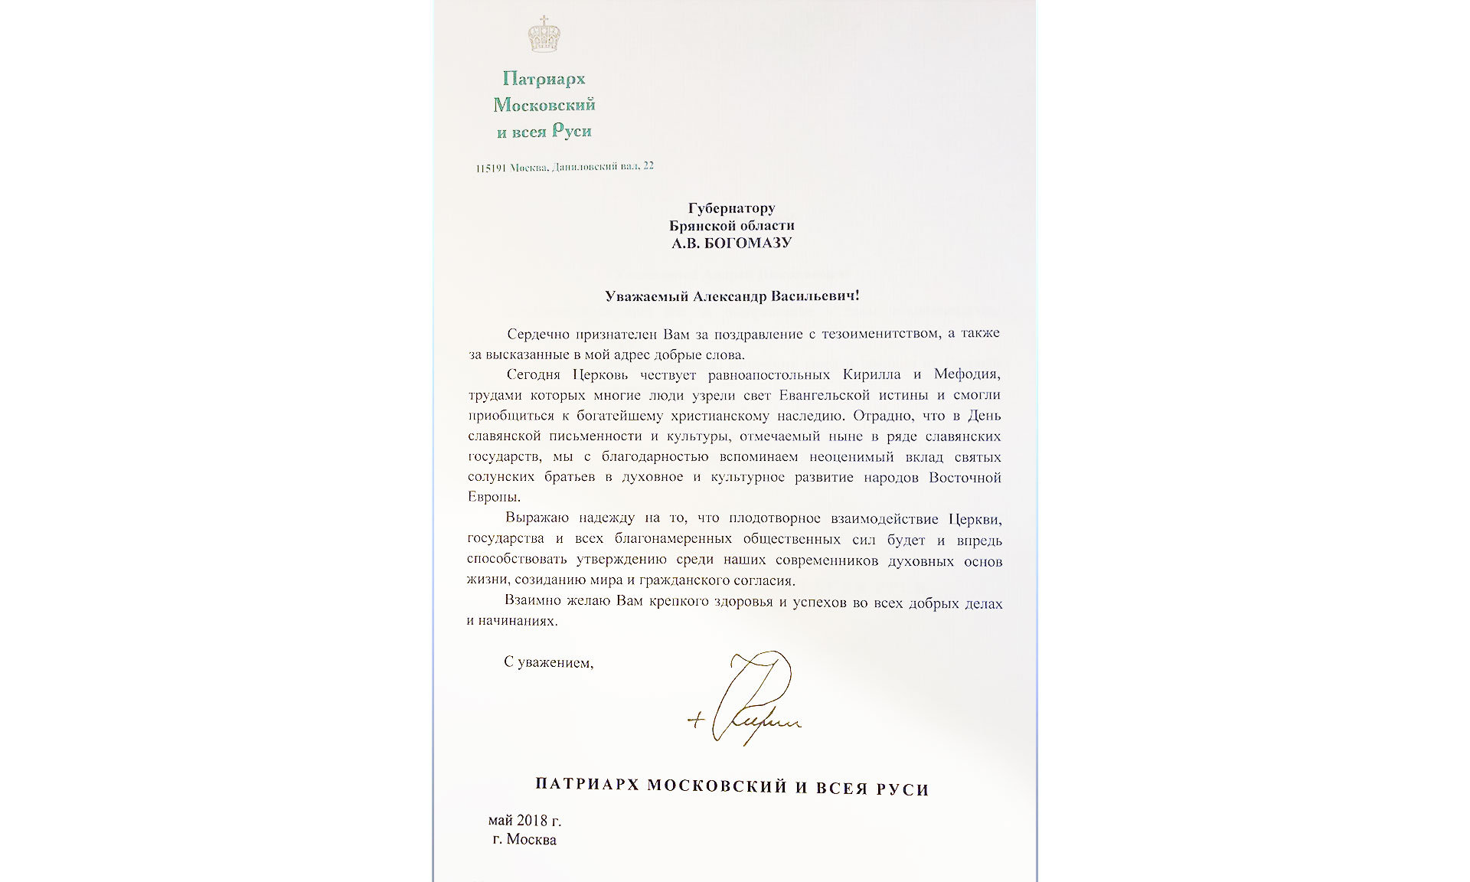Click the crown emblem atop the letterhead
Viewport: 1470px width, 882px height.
pos(544,37)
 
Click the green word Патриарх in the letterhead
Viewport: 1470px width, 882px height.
pos(544,78)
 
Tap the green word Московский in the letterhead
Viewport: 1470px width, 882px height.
pos(544,105)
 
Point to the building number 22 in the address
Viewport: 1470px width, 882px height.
pos(648,166)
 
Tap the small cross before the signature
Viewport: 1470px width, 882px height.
pos(694,721)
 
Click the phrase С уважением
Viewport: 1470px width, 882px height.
pos(548,663)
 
